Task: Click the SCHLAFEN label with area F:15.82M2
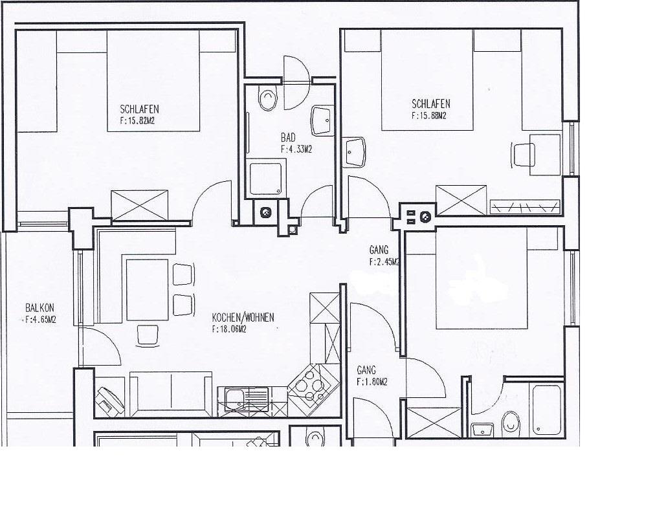139,109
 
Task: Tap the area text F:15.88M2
428,115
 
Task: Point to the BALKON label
39,307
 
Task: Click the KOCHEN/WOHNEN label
243,317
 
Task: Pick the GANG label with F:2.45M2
379,250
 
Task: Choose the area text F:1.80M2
372,382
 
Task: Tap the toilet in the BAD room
268,98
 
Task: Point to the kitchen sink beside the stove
243,401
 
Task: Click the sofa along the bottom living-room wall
171,394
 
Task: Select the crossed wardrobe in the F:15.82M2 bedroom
139,206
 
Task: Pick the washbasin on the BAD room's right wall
322,120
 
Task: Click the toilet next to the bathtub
510,423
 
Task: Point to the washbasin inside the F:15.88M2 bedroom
355,152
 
